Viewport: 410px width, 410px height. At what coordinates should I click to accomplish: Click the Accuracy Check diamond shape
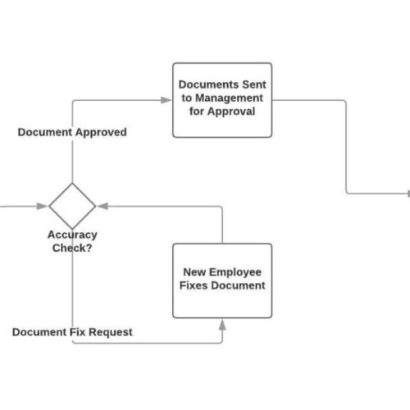[x=72, y=205]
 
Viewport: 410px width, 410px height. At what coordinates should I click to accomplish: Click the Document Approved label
[x=72, y=132]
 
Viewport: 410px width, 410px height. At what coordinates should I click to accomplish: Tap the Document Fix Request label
[x=72, y=332]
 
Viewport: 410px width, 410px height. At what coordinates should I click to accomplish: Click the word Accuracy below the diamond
[x=72, y=235]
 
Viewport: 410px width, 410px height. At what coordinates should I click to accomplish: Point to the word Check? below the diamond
[x=72, y=248]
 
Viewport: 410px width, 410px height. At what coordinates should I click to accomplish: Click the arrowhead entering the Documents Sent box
[x=167, y=100]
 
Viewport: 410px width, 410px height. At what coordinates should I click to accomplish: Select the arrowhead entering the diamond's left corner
[x=43, y=205]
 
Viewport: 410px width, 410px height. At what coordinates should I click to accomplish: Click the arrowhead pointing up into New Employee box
[x=222, y=324]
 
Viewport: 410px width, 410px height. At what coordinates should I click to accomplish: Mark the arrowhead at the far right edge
[x=408, y=194]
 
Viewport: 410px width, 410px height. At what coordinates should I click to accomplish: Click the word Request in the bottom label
[x=110, y=332]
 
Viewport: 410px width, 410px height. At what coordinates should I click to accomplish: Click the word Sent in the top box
[x=248, y=84]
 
